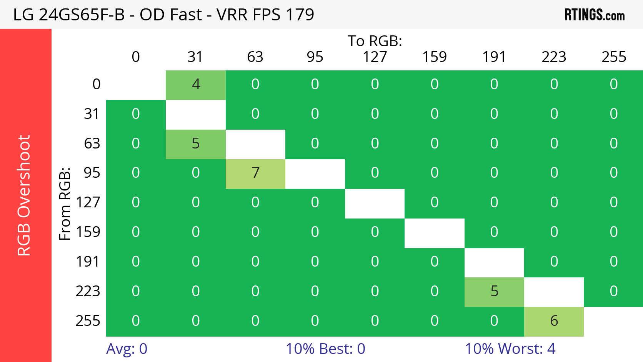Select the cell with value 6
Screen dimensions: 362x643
(554, 321)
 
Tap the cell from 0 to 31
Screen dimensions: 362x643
(196, 85)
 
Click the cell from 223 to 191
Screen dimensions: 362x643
(494, 292)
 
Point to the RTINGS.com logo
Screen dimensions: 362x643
(594, 15)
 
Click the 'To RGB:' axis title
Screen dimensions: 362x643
(375, 41)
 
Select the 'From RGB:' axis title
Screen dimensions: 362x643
(65, 204)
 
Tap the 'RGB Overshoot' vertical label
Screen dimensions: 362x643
(24, 195)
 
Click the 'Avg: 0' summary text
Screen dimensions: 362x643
(127, 349)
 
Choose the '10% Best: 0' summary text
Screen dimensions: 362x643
(325, 349)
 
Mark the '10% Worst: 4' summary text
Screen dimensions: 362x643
(510, 349)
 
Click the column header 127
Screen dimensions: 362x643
(375, 57)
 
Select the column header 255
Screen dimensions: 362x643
(613, 57)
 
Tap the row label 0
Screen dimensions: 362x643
(96, 85)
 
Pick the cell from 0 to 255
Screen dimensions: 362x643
(613, 85)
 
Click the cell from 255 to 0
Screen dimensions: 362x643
(136, 321)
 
